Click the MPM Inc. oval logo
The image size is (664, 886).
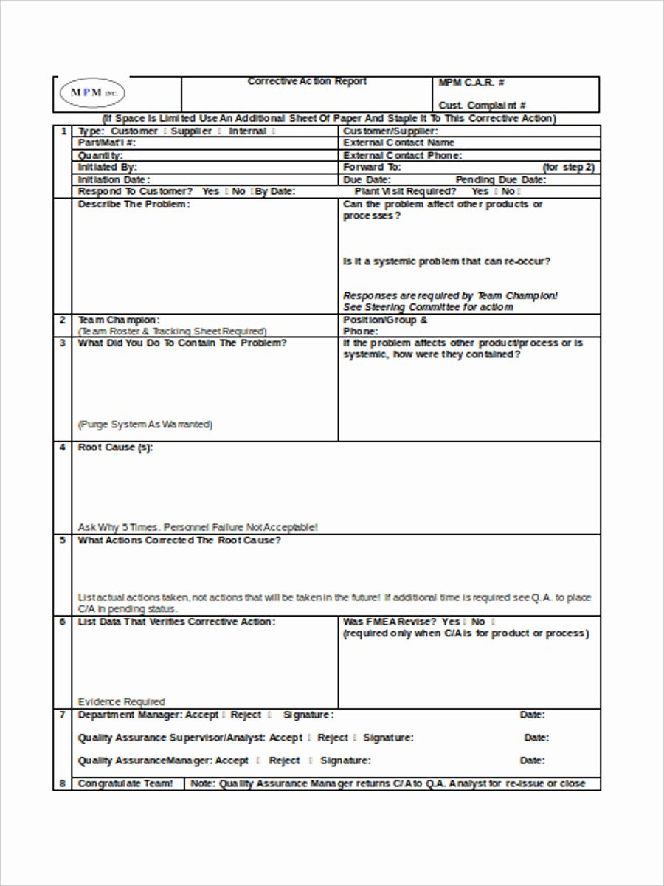[92, 93]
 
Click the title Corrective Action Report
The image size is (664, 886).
[307, 82]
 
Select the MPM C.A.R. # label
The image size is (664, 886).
[471, 83]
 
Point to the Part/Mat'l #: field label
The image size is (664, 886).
[107, 142]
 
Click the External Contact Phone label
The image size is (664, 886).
[402, 156]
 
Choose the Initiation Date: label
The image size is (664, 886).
[114, 179]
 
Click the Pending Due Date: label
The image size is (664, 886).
[501, 179]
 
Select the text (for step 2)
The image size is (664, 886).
[568, 168]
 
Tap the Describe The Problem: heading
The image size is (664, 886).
[134, 205]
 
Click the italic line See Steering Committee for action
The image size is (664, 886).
[428, 307]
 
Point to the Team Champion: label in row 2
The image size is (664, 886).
[118, 320]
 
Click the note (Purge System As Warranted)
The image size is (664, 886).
[145, 425]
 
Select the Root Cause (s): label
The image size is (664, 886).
[116, 447]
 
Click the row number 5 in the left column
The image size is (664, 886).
[62, 540]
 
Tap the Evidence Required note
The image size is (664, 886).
[122, 701]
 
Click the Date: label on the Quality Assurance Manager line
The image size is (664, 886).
[532, 760]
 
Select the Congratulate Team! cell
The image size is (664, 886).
[125, 783]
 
